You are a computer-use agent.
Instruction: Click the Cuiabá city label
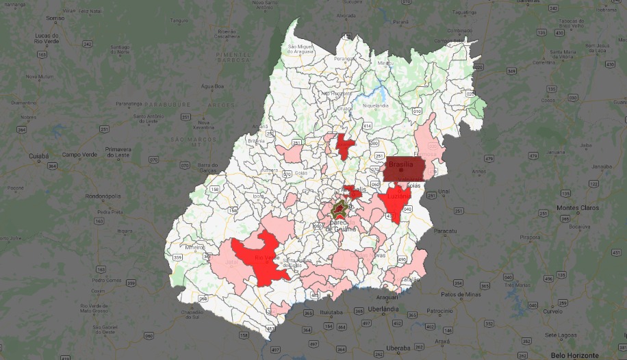pos(38,156)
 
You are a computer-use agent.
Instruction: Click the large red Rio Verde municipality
pos(264,260)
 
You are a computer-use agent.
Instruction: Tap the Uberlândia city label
pos(383,309)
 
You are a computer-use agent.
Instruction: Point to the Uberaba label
pos(398,348)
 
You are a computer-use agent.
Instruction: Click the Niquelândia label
pos(374,106)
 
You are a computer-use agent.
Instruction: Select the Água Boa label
pos(212,87)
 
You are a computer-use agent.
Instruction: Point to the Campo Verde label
pos(77,155)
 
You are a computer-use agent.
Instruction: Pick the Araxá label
pos(442,340)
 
